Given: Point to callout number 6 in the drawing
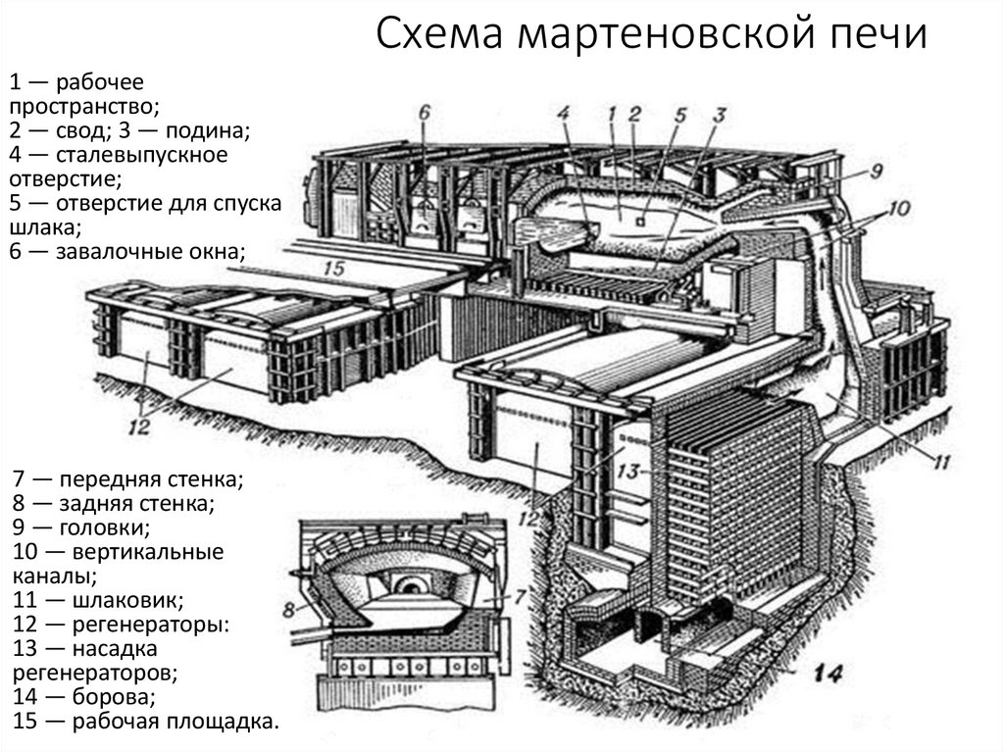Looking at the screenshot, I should coord(424,112).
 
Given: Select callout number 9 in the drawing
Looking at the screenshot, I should coord(876,170).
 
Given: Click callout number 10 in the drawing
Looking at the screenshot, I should coord(899,208).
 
